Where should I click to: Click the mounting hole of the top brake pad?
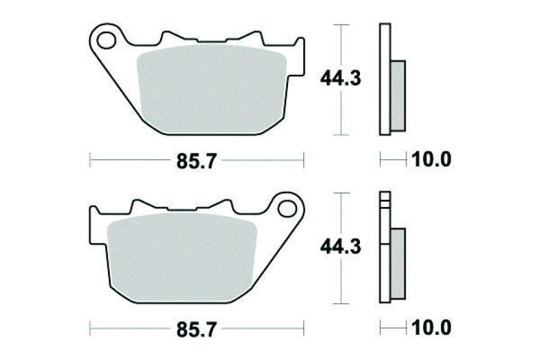point(104,40)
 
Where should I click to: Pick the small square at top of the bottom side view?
point(384,196)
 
